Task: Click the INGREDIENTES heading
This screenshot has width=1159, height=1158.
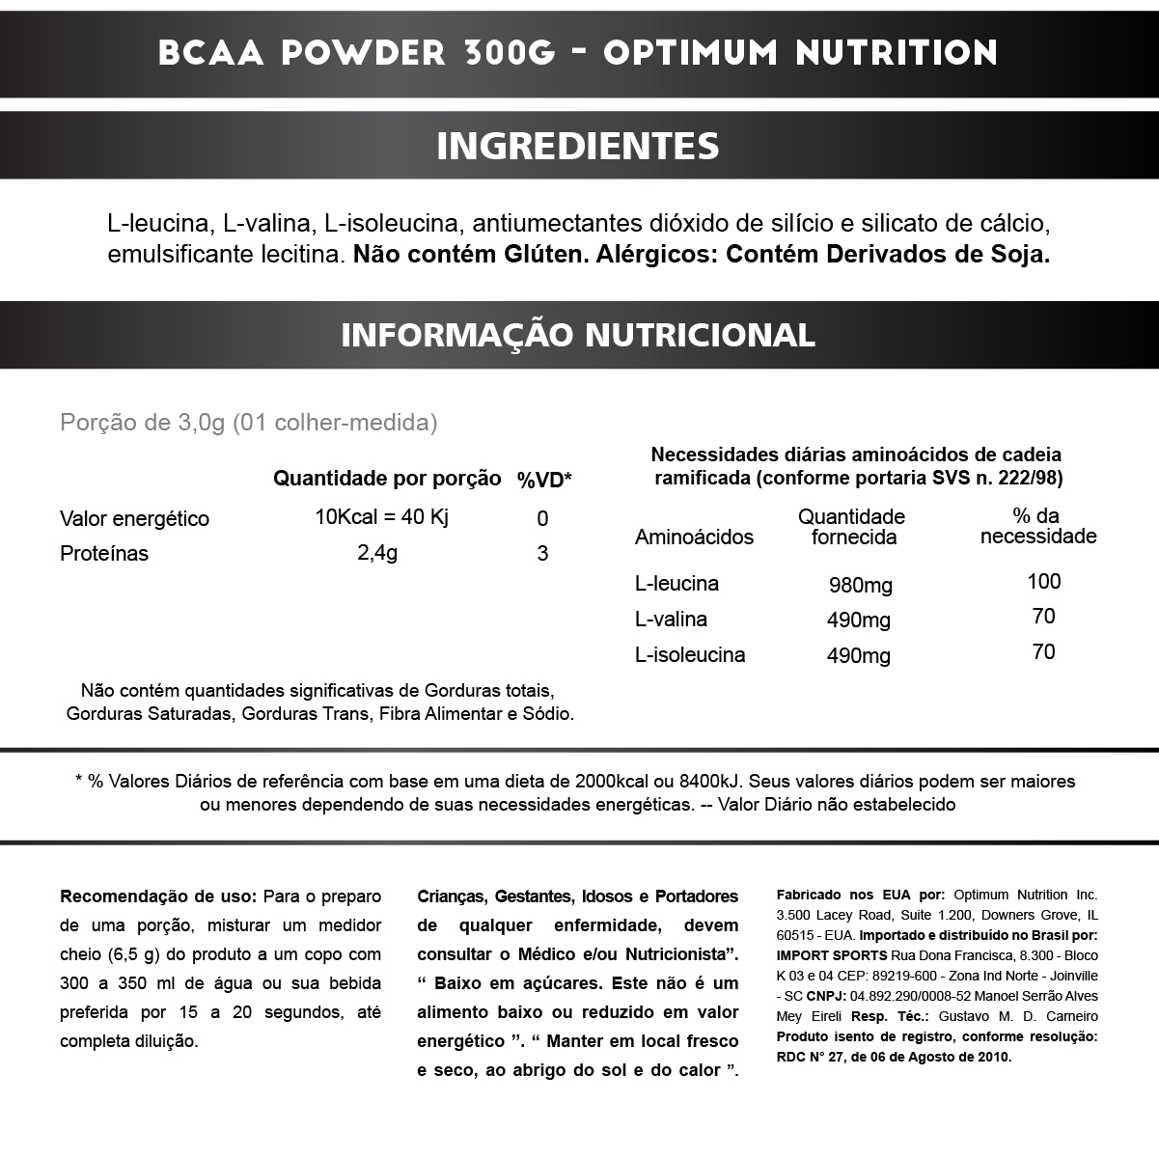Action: click(x=578, y=146)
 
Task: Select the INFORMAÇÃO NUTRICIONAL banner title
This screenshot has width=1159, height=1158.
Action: click(x=578, y=335)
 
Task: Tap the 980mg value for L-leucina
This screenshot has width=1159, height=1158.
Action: click(x=860, y=585)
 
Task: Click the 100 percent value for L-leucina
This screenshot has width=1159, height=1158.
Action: click(x=1043, y=581)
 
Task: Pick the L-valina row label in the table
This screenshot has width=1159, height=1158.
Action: click(x=671, y=620)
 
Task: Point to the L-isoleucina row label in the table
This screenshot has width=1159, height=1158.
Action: click(x=689, y=655)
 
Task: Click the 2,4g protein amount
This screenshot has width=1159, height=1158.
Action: click(x=377, y=553)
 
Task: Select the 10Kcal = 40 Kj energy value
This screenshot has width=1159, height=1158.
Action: click(x=382, y=517)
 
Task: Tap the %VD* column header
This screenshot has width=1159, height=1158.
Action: click(x=544, y=480)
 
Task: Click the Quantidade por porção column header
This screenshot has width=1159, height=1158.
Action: click(x=387, y=479)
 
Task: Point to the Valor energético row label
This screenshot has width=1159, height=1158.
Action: click(x=134, y=518)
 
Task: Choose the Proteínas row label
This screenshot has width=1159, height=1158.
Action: click(x=104, y=554)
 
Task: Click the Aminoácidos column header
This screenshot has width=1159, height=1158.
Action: click(x=694, y=538)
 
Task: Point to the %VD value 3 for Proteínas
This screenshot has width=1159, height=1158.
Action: click(x=542, y=553)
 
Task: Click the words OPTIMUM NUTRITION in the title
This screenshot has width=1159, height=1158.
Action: click(x=800, y=52)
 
